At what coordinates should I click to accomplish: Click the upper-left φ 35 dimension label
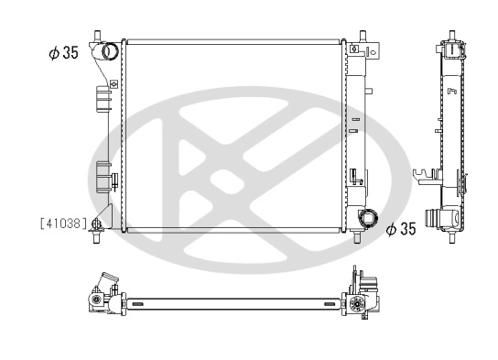pyautogui.click(x=63, y=53)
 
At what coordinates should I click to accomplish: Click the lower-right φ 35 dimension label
pyautogui.click(x=401, y=229)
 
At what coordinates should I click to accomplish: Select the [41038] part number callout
pyautogui.click(x=63, y=223)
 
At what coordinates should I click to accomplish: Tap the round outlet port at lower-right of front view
pyautogui.click(x=369, y=220)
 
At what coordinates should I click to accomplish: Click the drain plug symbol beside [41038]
pyautogui.click(x=97, y=223)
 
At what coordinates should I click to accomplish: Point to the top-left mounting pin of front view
pyautogui.click(x=96, y=36)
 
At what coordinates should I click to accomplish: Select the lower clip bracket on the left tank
pyautogui.click(x=103, y=174)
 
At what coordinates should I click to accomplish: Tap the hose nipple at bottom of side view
pyautogui.click(x=449, y=219)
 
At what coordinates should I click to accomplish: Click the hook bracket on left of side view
pyautogui.click(x=423, y=175)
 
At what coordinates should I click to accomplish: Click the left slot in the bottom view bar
pyautogui.click(x=152, y=302)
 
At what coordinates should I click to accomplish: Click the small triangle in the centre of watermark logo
pyautogui.click(x=221, y=179)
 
